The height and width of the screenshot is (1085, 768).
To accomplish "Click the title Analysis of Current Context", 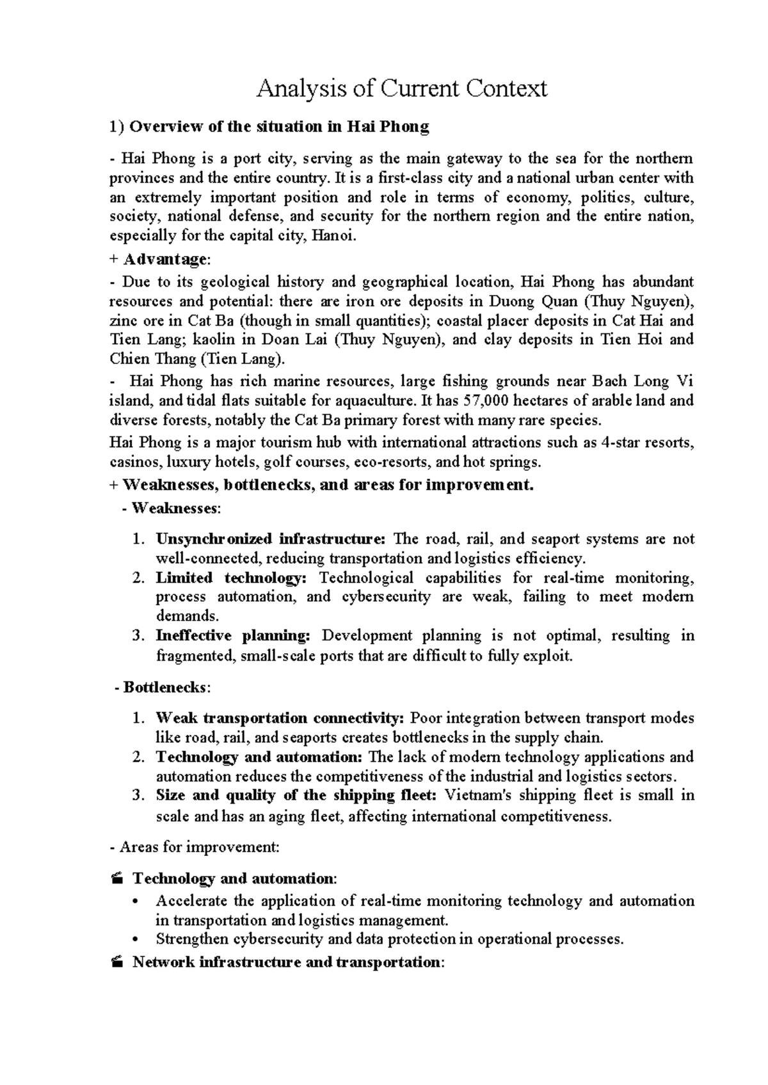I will click(x=401, y=88).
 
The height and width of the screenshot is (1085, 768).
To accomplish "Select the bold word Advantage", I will click(x=164, y=260).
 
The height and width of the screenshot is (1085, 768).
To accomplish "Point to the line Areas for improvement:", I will click(x=195, y=847).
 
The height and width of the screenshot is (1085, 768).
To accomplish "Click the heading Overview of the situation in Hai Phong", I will click(x=279, y=127).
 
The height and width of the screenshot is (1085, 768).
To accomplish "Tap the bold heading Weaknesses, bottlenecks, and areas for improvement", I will click(x=328, y=485).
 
